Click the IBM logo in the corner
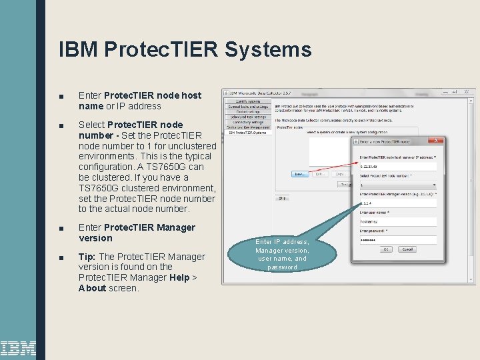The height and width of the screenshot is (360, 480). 18,348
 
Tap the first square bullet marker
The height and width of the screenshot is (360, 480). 61,96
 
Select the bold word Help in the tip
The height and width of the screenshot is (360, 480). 179,277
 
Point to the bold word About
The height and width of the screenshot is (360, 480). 93,288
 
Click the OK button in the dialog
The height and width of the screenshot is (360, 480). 386,249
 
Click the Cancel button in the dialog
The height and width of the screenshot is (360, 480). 407,249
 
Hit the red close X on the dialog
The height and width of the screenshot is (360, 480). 435,141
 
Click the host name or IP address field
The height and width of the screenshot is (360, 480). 398,166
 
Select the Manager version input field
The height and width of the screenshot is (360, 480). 398,203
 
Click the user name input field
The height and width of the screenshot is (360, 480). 398,221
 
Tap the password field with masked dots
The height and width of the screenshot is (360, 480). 398,239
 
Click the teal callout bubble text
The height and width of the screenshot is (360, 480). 282,254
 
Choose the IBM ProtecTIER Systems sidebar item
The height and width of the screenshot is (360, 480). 247,132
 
